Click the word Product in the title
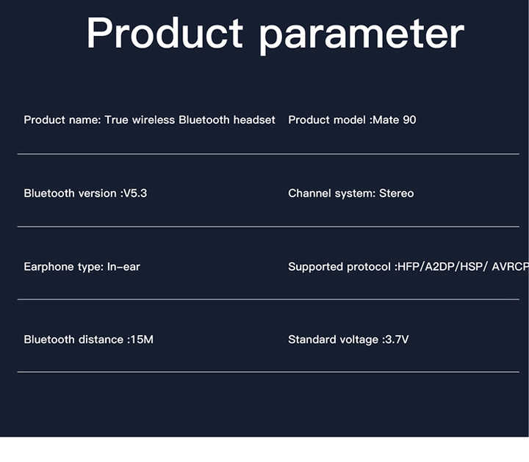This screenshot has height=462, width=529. (x=165, y=33)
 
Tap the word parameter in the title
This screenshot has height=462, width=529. (x=362, y=36)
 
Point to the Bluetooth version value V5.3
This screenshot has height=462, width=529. (x=135, y=194)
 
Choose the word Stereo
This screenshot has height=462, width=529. (x=397, y=194)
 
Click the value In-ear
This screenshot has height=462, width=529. (x=123, y=267)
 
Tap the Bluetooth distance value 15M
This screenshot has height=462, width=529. (x=142, y=340)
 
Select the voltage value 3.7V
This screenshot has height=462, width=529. (x=397, y=340)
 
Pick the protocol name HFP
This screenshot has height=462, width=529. (x=409, y=267)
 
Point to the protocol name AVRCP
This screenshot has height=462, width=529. (x=511, y=267)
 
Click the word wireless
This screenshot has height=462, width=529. (x=154, y=120)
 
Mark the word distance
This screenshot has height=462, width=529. (x=101, y=340)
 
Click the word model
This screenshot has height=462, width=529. (x=350, y=120)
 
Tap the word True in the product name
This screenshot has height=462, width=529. (x=116, y=120)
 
